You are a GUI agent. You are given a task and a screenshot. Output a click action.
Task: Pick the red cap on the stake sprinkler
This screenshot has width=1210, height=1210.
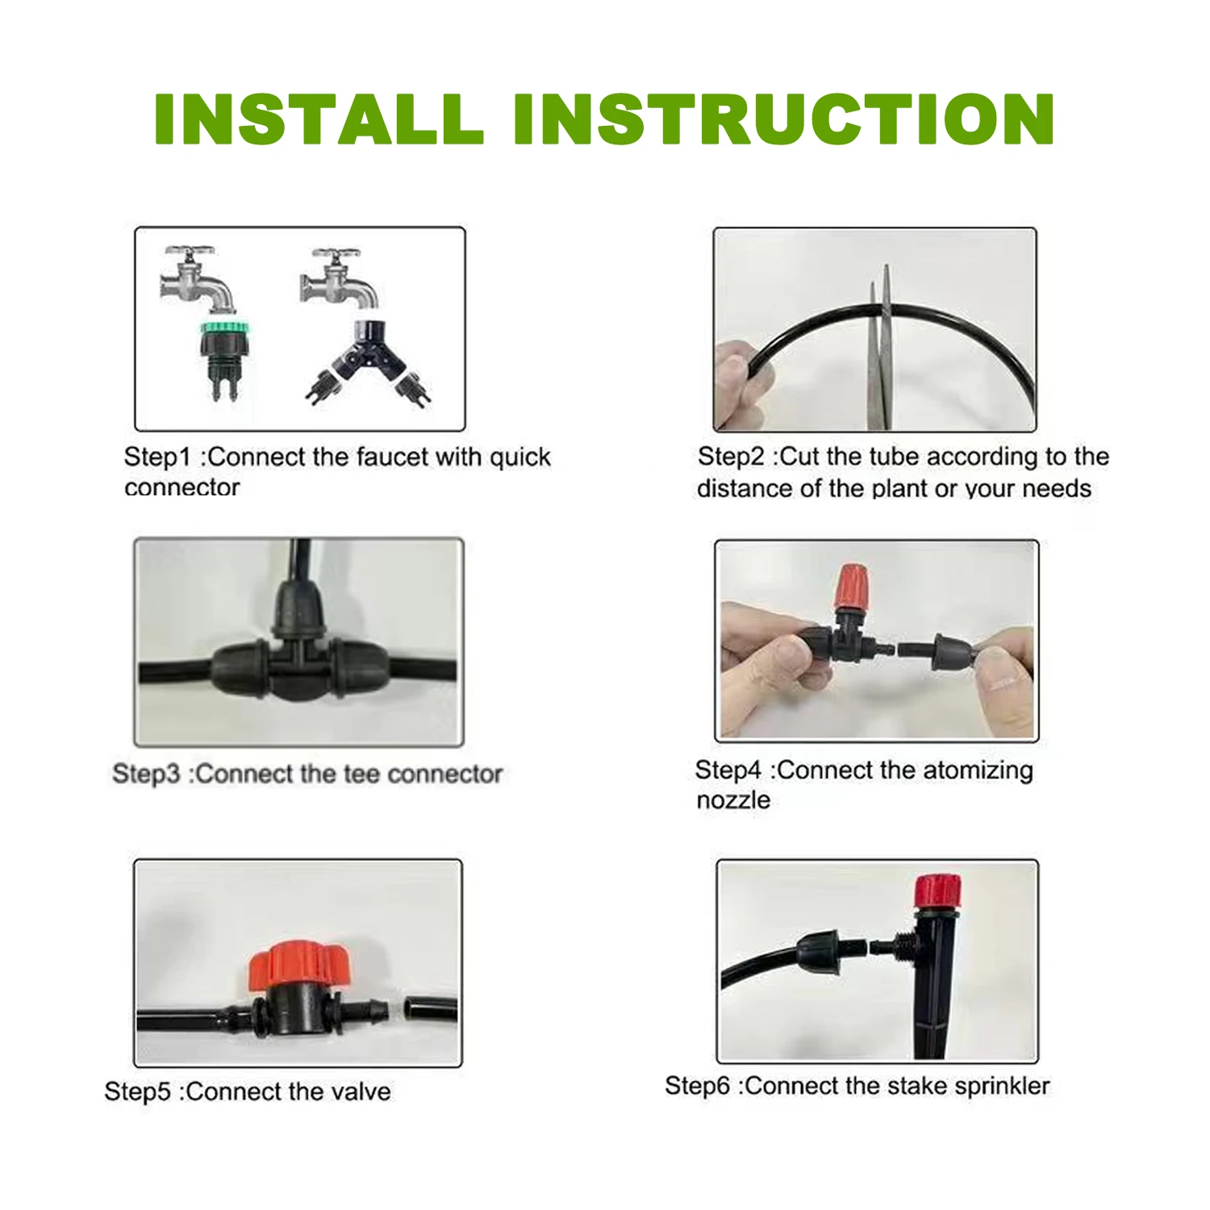point(937,891)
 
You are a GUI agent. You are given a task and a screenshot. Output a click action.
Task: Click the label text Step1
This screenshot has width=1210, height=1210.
point(156,457)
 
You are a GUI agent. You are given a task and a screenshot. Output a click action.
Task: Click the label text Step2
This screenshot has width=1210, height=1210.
point(730,457)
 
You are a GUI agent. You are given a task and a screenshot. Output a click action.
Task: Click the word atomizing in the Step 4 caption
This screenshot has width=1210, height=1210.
point(977,770)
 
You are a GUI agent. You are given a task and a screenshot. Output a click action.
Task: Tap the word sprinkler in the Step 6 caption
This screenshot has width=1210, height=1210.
point(1002,1087)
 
